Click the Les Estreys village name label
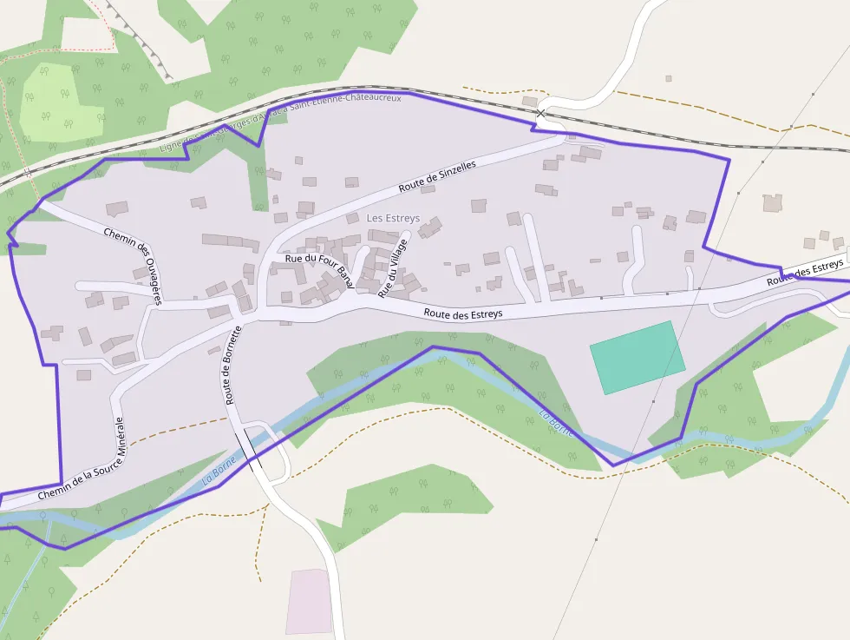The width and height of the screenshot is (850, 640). (393, 218)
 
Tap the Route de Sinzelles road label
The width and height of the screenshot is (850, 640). (437, 176)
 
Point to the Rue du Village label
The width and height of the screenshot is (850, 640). (392, 269)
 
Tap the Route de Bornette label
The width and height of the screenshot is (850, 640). (232, 365)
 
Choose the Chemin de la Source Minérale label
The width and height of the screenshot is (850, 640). (82, 460)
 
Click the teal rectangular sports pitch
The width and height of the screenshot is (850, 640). (637, 357)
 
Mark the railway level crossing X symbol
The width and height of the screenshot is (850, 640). (541, 113)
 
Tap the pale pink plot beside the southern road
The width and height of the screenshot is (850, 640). (309, 601)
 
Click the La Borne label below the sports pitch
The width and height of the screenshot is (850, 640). (556, 423)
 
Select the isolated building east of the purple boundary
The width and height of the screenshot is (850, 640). (772, 203)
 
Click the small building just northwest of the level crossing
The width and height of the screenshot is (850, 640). (529, 102)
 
